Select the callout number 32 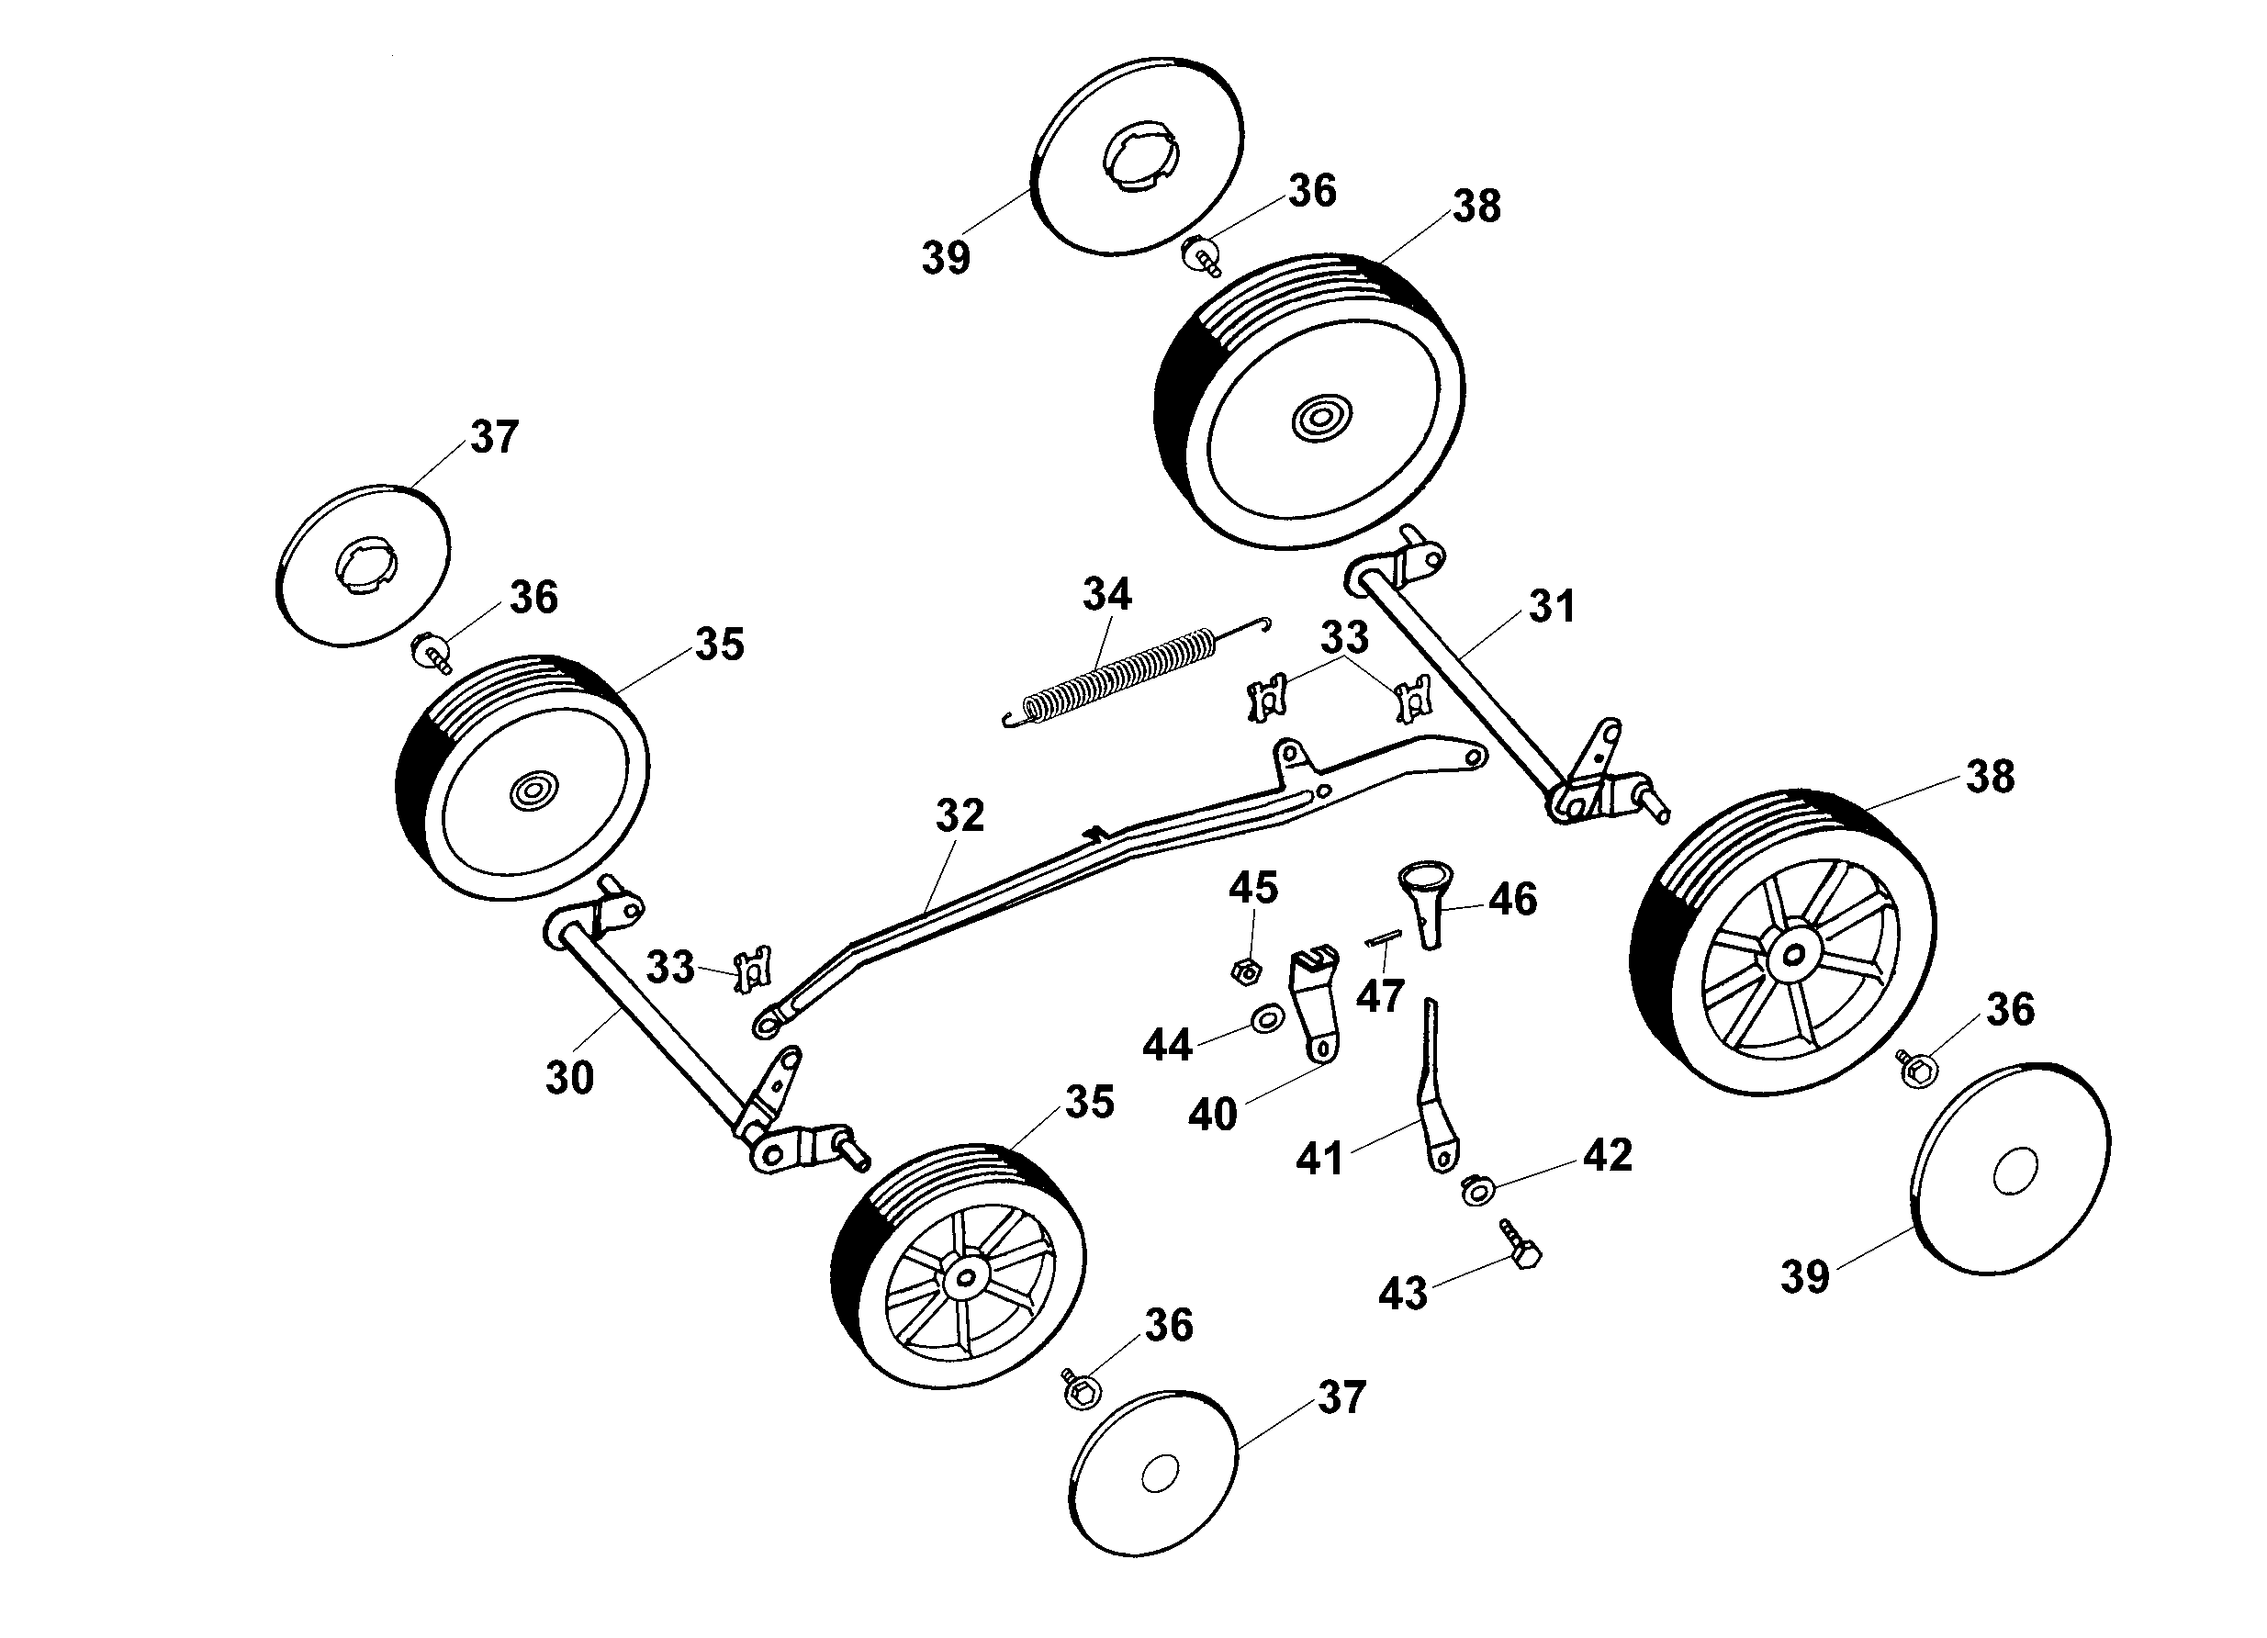pyautogui.click(x=960, y=815)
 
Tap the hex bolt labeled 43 pyautogui.click(x=1521, y=1245)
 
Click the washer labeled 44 pyautogui.click(x=1267, y=1020)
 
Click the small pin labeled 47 pyautogui.click(x=1385, y=937)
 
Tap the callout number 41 pyautogui.click(x=1319, y=1159)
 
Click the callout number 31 pyautogui.click(x=1552, y=607)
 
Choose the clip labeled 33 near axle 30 pyautogui.click(x=751, y=971)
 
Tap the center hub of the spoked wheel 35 pyautogui.click(x=965, y=1277)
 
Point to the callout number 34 pyautogui.click(x=1106, y=595)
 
